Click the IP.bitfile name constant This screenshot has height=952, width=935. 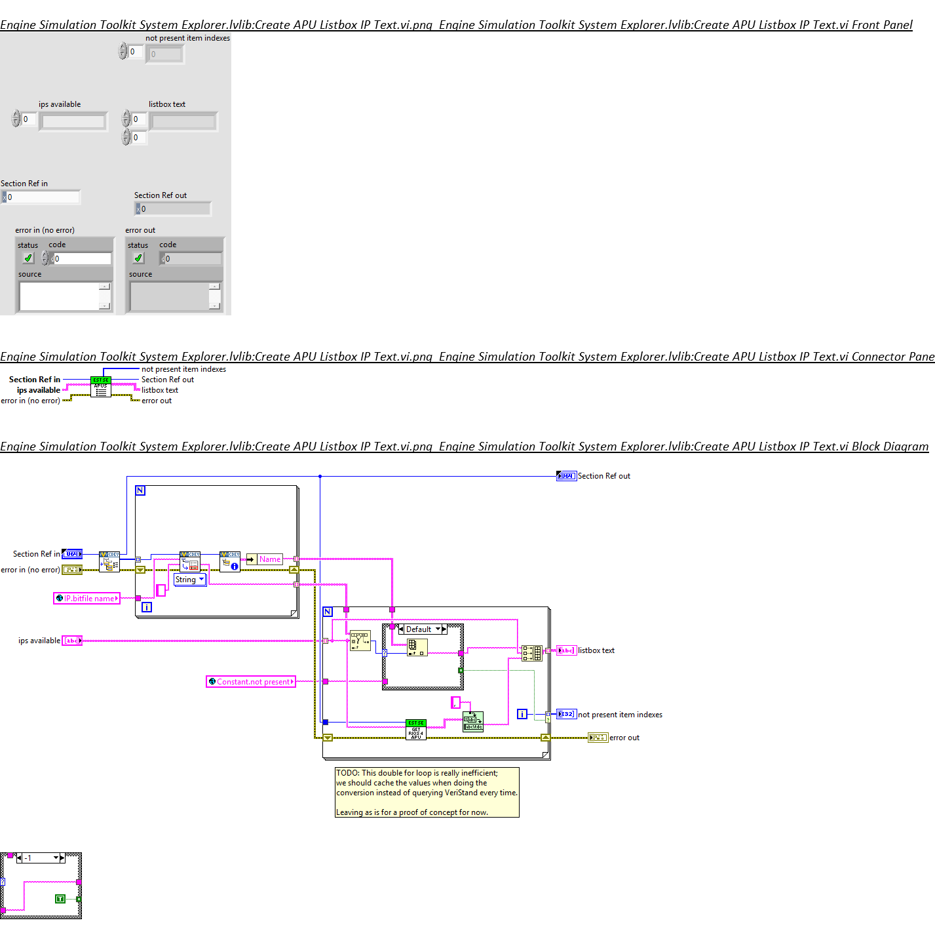tap(86, 598)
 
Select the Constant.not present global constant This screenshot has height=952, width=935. tap(250, 682)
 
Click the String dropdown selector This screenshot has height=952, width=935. tap(189, 580)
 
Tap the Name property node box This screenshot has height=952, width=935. tap(269, 559)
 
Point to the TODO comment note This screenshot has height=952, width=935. tap(427, 792)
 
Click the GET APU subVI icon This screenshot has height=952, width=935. tap(416, 730)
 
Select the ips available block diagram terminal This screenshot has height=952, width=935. tap(72, 641)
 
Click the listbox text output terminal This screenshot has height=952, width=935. tap(566, 650)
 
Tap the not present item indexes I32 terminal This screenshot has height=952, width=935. tap(566, 714)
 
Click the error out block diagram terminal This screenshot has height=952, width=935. tap(598, 738)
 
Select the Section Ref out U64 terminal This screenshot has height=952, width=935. tap(566, 476)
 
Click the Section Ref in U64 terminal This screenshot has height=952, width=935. tap(72, 554)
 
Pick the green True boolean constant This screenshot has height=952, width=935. tap(60, 898)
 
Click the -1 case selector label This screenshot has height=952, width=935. tap(39, 858)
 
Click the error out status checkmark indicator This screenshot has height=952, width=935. tap(138, 258)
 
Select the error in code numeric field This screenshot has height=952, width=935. tap(82, 259)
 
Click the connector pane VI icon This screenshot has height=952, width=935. tap(100, 387)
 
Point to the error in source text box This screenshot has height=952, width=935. tap(60, 296)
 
